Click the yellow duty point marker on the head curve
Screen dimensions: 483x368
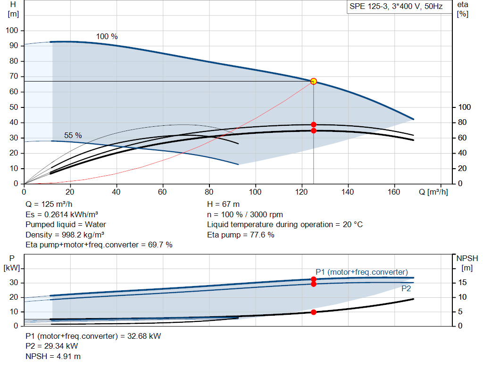point(314,81)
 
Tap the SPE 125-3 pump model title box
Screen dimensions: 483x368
point(396,7)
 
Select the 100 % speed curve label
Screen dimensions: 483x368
point(107,36)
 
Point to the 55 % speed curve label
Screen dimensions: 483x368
point(73,135)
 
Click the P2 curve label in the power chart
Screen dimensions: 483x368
point(406,289)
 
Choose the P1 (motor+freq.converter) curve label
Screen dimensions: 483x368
point(362,272)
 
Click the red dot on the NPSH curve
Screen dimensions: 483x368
point(314,312)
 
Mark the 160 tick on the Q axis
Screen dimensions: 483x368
point(394,192)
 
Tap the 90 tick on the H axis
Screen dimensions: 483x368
point(14,46)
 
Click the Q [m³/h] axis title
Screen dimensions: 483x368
point(433,192)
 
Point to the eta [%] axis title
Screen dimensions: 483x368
point(463,9)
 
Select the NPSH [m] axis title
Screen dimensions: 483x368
point(467,263)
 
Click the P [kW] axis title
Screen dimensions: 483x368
point(12,263)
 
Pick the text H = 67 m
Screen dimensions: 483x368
point(223,204)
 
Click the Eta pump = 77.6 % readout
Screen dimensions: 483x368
point(241,235)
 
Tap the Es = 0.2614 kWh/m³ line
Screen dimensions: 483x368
point(62,214)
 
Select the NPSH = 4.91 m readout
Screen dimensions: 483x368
point(53,356)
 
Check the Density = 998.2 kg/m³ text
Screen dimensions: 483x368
point(65,235)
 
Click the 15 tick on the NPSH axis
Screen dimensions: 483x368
point(462,282)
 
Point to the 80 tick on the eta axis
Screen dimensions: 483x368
point(462,123)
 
